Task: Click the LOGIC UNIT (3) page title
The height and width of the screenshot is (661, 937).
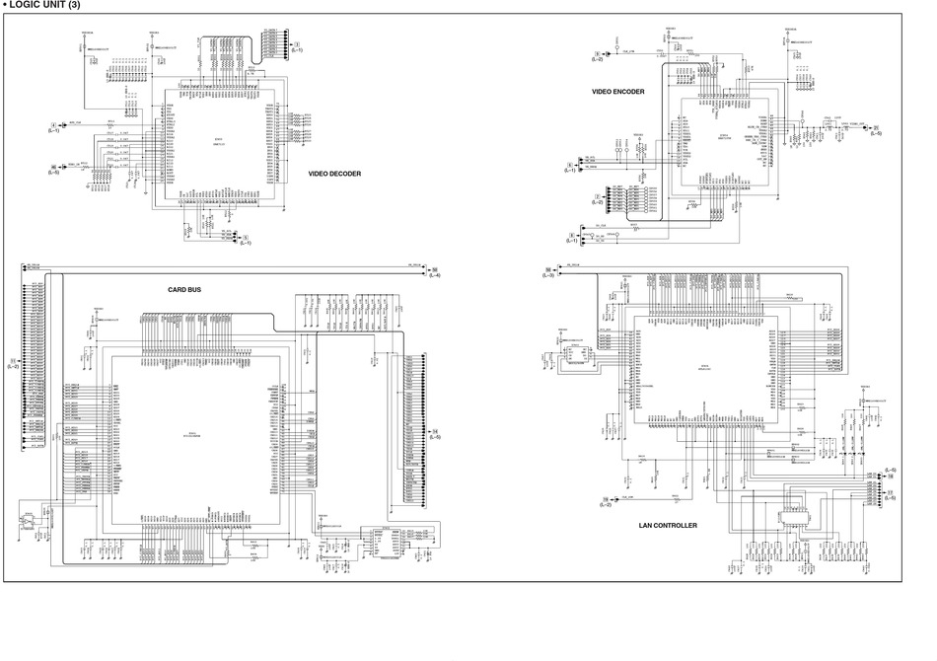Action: pos(47,6)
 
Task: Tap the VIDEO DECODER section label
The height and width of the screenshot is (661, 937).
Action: pos(334,174)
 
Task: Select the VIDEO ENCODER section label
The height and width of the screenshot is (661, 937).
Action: pos(618,92)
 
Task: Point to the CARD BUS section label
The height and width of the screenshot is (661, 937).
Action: pos(184,289)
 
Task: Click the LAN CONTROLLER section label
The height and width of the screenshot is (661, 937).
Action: pos(668,526)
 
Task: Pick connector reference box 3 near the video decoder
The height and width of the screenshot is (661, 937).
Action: pos(297,44)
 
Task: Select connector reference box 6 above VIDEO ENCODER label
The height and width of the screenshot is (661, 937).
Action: pos(597,53)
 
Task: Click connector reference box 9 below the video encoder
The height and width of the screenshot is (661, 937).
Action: pos(571,235)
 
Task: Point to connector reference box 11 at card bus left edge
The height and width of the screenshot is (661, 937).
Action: pos(12,360)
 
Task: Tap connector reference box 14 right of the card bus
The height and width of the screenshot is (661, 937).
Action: pos(435,431)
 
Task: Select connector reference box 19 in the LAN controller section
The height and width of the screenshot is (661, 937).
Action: pos(604,500)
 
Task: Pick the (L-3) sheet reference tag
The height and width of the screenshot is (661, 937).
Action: pos(548,275)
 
